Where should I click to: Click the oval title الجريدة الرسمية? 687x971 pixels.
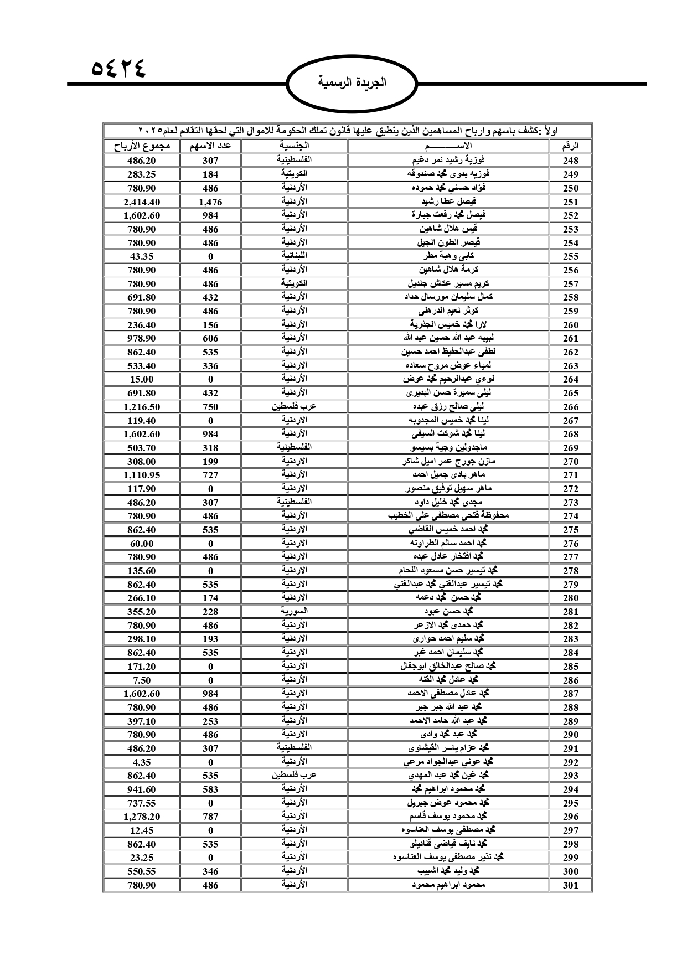click(353, 83)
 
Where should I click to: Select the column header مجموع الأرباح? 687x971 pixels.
click(142, 146)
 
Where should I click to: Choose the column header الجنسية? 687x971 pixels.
click(293, 146)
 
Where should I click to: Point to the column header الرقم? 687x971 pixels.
click(570, 147)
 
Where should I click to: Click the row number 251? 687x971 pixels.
click(570, 202)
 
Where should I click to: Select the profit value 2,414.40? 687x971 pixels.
click(142, 202)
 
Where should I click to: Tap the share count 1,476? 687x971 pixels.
click(210, 202)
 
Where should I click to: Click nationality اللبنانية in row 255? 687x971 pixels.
click(293, 256)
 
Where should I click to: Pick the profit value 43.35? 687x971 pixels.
click(142, 256)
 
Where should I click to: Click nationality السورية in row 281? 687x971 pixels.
click(293, 612)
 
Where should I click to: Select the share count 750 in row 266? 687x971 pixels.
click(210, 407)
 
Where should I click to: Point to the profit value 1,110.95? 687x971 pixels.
click(142, 475)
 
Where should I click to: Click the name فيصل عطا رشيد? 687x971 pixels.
click(448, 202)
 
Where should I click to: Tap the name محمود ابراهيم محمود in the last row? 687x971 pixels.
click(448, 885)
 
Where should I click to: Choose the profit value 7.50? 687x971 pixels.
click(142, 680)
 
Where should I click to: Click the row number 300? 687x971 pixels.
click(570, 871)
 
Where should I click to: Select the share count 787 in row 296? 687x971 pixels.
click(210, 817)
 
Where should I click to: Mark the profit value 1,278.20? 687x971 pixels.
click(142, 817)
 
